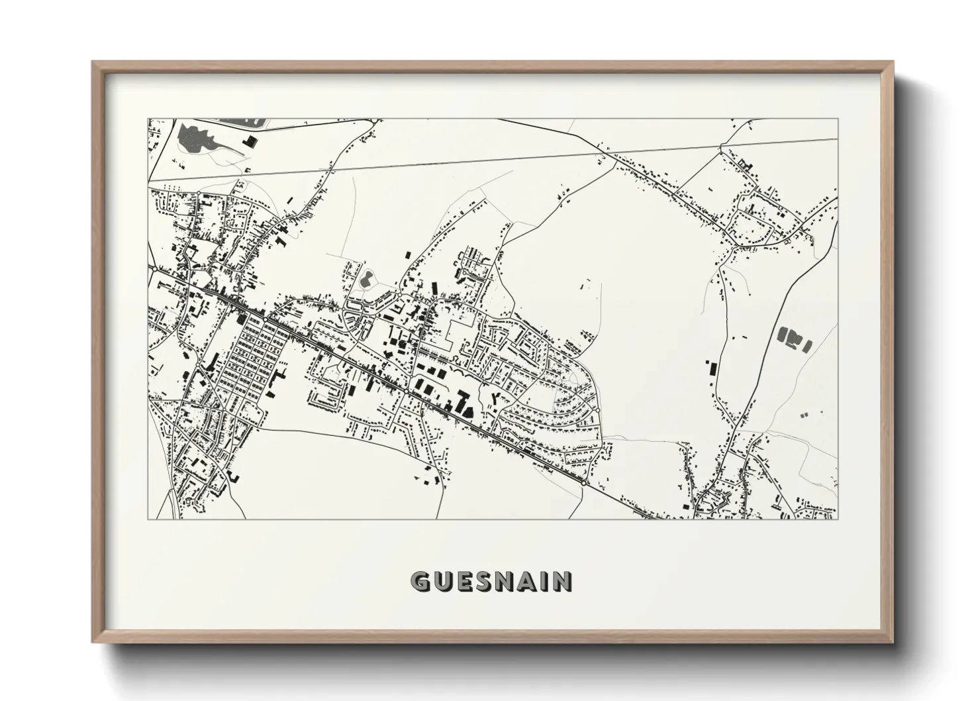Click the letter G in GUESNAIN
(421, 581)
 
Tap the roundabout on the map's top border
(375, 120)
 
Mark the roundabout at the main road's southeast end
(583, 484)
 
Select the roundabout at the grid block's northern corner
(265, 319)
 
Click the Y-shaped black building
(496, 398)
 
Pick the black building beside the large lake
(251, 141)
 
